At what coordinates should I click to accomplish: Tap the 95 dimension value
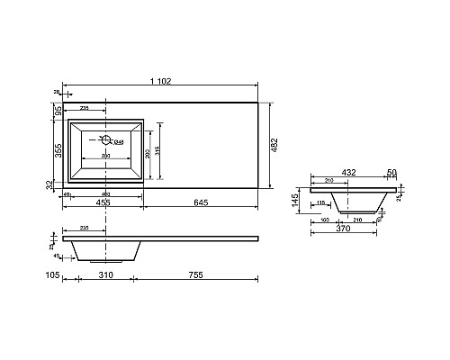[57, 111]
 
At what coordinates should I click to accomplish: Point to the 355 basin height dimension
[57, 150]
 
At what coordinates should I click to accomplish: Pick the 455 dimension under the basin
[103, 204]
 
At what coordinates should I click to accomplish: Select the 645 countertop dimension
[201, 204]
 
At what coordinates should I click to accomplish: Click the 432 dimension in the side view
[347, 171]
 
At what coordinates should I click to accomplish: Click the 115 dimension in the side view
[320, 202]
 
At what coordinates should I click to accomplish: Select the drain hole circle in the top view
[105, 139]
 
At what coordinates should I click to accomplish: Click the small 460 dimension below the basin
[104, 194]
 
